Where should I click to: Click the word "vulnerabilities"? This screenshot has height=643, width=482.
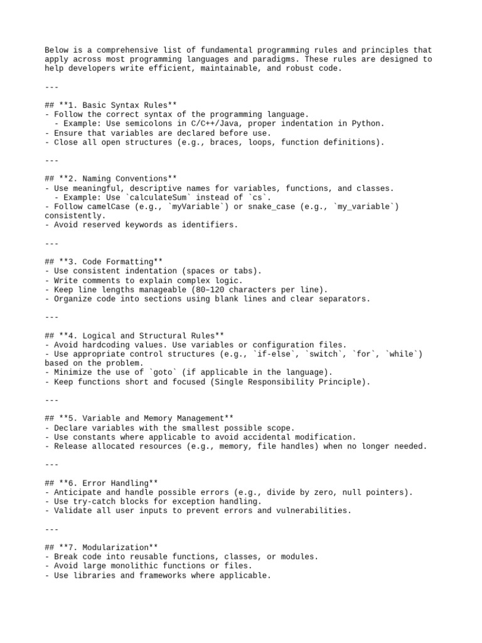coord(313,511)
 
